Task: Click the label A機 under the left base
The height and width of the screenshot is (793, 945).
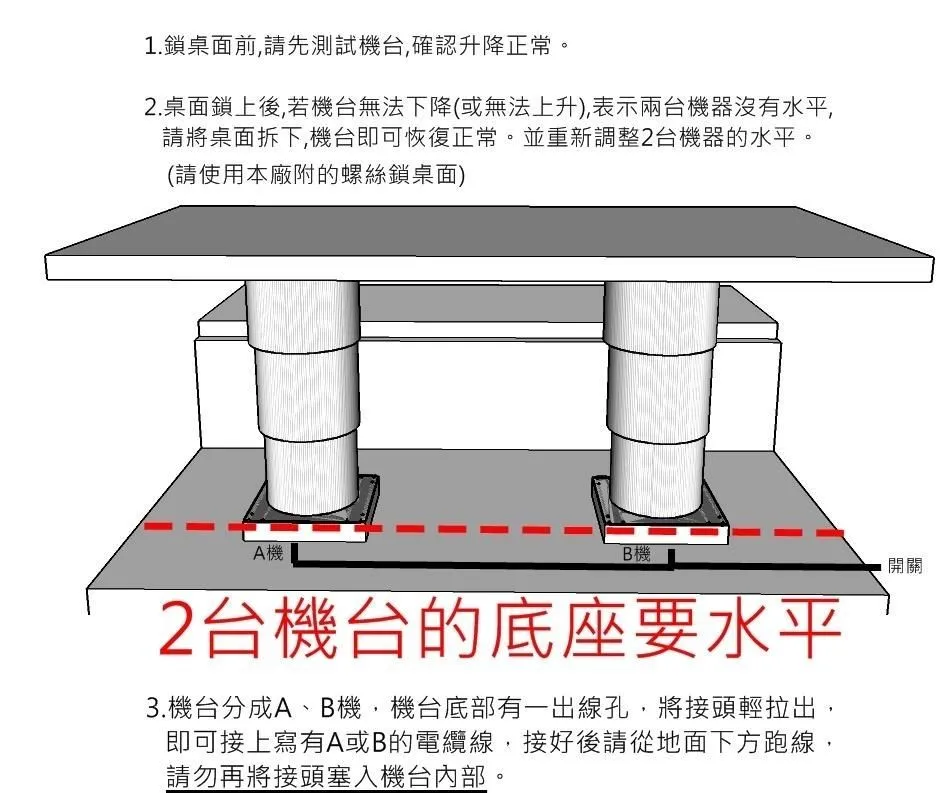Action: tap(268, 553)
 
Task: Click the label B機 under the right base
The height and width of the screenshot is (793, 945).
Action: tap(636, 554)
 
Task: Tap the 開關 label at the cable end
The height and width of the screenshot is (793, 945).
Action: tap(905, 566)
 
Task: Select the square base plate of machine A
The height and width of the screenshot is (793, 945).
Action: tap(311, 510)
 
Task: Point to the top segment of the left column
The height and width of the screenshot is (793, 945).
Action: tap(303, 314)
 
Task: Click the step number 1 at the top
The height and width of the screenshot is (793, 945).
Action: tap(151, 46)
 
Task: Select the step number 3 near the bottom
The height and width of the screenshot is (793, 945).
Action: tap(154, 709)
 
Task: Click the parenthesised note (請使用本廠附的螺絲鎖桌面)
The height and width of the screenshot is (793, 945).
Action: tap(316, 175)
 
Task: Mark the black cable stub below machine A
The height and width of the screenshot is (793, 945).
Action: tap(294, 555)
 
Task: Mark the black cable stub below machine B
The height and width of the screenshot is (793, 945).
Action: tap(671, 558)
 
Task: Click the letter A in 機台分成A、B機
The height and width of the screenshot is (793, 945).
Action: tap(283, 709)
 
